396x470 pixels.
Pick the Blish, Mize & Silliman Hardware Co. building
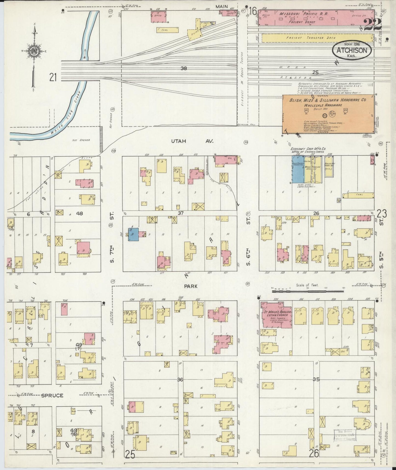click(x=328, y=114)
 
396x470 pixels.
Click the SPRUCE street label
click(x=52, y=395)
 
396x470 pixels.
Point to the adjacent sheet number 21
click(x=53, y=78)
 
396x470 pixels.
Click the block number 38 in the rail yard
click(x=184, y=68)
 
